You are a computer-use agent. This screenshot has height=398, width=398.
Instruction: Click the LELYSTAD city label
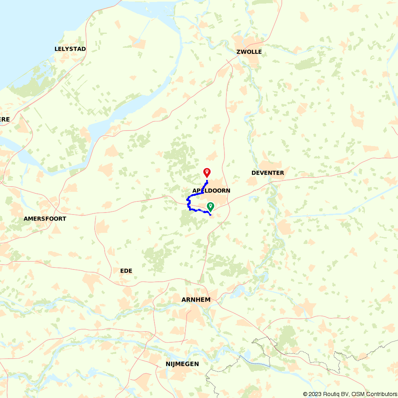pos(70,49)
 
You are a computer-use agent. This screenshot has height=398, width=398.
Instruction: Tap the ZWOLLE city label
pos(249,52)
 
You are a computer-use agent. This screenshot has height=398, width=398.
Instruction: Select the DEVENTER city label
pos(267,173)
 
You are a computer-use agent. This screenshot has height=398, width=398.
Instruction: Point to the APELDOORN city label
pos(211,191)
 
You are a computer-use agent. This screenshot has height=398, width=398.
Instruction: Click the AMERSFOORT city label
pos(45,219)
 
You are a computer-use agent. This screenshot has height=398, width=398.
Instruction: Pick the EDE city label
pos(126,271)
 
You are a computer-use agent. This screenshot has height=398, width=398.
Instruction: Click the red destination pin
pos(207,172)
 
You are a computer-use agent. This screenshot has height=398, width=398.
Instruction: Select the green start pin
pos(210,206)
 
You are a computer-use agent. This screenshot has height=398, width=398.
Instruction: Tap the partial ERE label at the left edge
pos(5,119)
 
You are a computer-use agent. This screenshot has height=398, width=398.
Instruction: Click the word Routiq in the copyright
pos(332,394)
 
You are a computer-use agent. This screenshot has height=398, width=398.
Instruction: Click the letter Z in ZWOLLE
pos(238,52)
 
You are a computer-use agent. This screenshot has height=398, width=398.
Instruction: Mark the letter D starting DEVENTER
pos(254,173)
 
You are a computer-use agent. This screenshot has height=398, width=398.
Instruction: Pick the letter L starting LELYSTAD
pos(56,49)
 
